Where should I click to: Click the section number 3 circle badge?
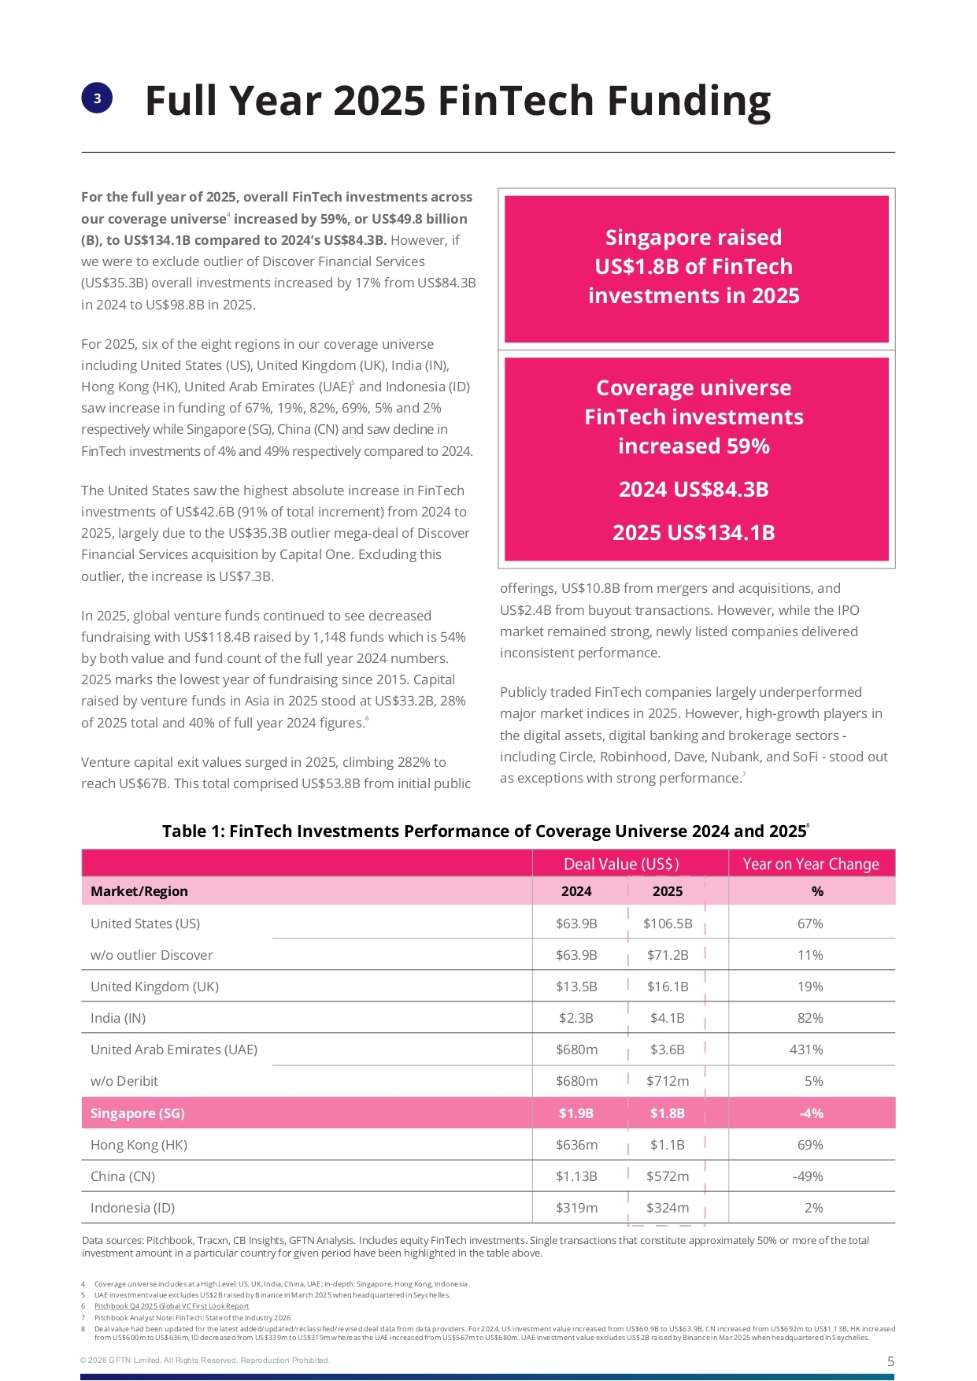click(x=97, y=98)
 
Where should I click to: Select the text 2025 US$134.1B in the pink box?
click(x=694, y=533)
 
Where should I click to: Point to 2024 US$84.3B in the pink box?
click(x=694, y=490)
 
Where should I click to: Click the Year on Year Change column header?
click(x=810, y=864)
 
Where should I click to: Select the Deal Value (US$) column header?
click(x=621, y=864)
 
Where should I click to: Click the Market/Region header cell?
click(x=139, y=891)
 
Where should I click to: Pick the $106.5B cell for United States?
click(x=668, y=924)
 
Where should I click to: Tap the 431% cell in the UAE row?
click(x=810, y=1050)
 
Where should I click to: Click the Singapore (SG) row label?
click(x=138, y=1113)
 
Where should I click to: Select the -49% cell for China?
click(x=808, y=1176)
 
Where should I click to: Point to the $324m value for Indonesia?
click(x=668, y=1208)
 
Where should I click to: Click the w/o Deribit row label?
click(x=124, y=1081)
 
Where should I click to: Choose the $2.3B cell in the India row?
click(x=576, y=1018)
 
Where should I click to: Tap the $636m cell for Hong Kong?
click(x=576, y=1145)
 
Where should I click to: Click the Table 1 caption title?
click(x=484, y=831)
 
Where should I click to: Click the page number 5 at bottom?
click(x=890, y=1361)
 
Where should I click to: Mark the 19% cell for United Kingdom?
click(x=810, y=987)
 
